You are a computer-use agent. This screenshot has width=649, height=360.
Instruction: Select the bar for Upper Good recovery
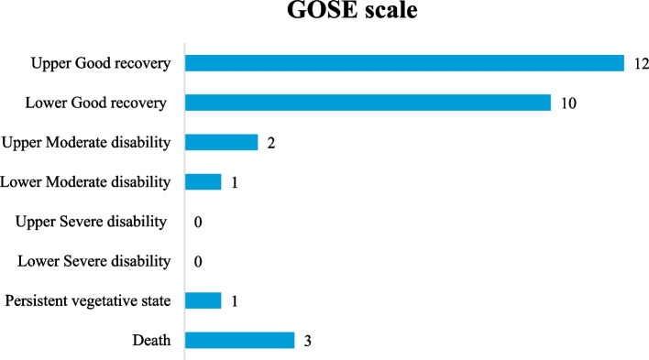404,63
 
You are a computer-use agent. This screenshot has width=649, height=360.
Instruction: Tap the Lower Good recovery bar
368,103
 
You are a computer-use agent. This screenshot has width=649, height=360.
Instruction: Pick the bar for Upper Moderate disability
221,142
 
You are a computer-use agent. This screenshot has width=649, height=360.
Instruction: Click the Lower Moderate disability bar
203,181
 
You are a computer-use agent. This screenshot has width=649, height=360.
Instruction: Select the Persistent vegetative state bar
203,300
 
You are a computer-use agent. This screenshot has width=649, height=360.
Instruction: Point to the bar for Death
239,340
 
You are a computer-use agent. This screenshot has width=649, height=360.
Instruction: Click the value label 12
641,63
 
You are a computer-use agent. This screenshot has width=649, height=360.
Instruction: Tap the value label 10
567,103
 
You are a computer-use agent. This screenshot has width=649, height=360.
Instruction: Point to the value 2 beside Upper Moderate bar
270,143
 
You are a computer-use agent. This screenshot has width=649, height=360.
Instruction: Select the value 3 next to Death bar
307,341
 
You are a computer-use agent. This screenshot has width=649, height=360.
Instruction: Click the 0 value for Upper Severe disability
197,222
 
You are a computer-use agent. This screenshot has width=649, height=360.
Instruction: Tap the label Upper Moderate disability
86,142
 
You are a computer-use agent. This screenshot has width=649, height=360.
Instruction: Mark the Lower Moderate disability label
86,182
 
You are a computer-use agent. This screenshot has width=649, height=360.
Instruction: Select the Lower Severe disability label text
93,261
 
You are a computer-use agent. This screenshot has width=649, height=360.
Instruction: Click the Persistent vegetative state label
87,300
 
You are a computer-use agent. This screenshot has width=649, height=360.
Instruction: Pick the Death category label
153,340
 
